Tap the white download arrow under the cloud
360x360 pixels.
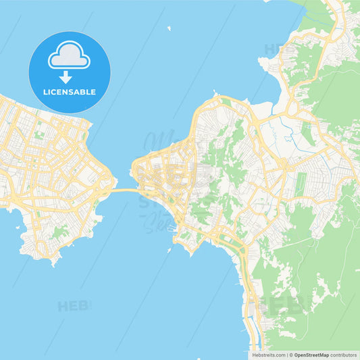coord(66,78)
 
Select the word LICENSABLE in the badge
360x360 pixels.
coord(69,92)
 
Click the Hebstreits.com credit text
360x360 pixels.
coord(268,355)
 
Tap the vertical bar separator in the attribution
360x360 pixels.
coord(288,355)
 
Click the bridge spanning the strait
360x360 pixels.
coord(125,191)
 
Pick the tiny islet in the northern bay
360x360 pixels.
coord(169,29)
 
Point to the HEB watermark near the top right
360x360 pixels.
coord(276,49)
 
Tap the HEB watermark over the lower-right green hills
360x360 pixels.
coord(284,304)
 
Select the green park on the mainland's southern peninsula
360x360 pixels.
coord(61,232)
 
